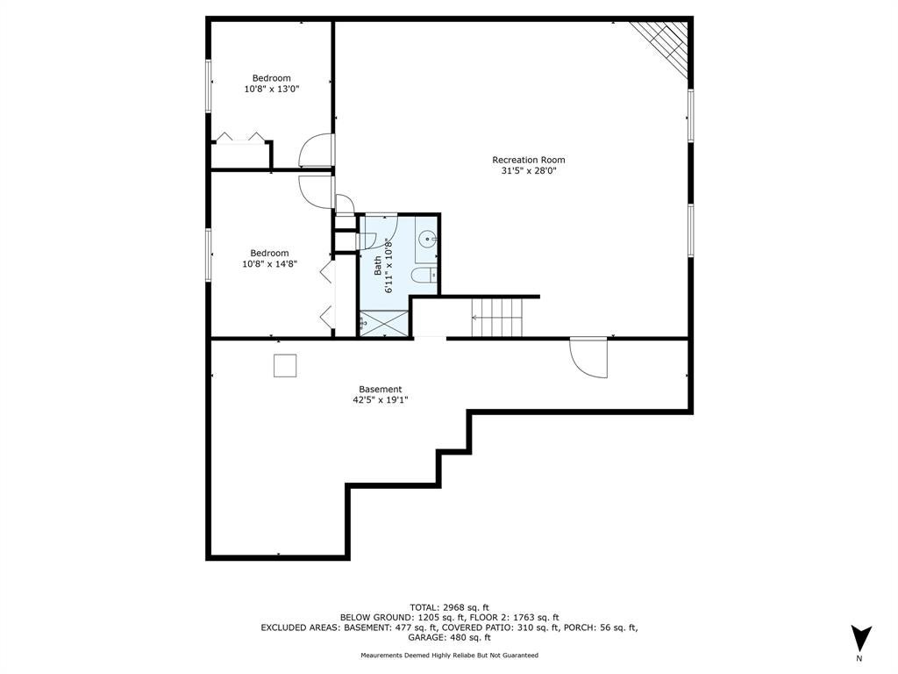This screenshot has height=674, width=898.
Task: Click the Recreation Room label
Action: [529, 160]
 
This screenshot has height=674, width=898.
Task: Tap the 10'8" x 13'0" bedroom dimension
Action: [272, 89]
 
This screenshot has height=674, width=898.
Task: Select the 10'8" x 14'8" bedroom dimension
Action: [269, 263]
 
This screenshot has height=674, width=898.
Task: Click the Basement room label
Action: [381, 389]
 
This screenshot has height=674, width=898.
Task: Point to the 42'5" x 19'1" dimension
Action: [381, 400]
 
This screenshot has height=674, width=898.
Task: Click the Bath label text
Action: [378, 265]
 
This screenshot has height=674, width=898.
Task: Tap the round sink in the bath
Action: [427, 239]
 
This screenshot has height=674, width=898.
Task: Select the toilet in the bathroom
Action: [424, 275]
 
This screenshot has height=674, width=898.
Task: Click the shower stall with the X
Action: [383, 323]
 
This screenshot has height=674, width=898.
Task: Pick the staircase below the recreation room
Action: [497, 318]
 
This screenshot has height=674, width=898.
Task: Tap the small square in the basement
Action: [285, 366]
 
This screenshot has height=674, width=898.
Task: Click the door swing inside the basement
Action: [588, 358]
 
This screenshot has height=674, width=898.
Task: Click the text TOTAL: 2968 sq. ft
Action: [449, 607]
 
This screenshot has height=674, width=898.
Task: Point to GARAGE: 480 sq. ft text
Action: [449, 637]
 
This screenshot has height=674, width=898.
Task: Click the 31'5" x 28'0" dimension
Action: [529, 171]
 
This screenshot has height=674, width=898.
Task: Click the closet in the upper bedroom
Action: [240, 154]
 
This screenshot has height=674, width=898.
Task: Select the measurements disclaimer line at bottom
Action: [449, 655]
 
